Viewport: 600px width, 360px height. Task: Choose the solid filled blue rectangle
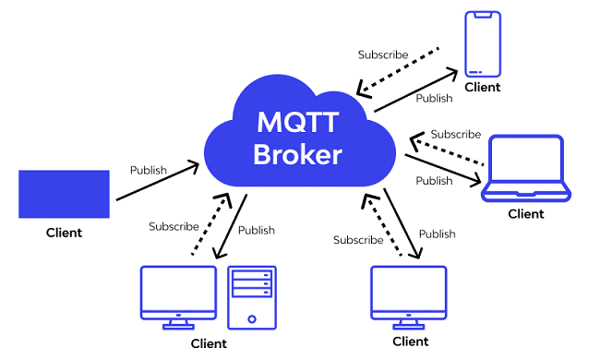click(64, 193)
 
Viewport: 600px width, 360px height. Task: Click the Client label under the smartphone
click(482, 88)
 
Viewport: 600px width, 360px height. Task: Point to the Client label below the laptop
click(526, 214)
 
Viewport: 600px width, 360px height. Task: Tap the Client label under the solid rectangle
click(64, 233)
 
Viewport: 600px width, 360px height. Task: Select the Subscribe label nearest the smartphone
click(383, 54)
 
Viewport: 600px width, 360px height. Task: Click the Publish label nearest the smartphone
click(434, 98)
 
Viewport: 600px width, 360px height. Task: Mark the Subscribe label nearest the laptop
click(455, 134)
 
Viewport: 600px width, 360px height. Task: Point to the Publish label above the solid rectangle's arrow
click(148, 170)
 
